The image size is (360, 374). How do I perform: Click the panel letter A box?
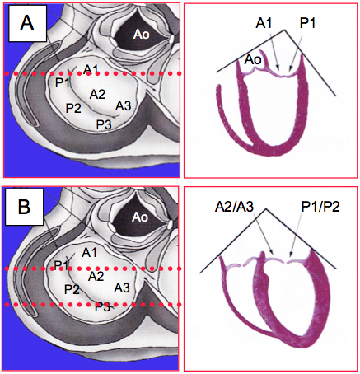(x=27, y=23)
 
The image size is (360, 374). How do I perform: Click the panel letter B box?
(x=25, y=207)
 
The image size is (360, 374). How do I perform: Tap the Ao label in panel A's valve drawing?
(x=142, y=35)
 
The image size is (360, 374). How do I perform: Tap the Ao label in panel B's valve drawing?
(x=140, y=217)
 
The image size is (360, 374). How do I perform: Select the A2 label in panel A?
(x=97, y=95)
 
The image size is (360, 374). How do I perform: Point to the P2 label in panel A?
(x=73, y=108)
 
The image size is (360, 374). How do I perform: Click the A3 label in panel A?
(x=123, y=105)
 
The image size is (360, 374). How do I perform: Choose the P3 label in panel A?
(x=104, y=125)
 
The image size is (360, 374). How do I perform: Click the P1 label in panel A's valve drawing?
(x=62, y=82)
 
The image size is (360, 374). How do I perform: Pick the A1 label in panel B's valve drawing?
(x=90, y=252)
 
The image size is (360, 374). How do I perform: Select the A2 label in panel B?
(x=96, y=276)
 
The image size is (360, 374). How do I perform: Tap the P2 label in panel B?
(x=72, y=289)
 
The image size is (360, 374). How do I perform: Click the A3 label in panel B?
(x=122, y=288)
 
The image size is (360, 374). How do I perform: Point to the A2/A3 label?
(x=234, y=208)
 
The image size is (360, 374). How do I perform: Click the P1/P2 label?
(x=320, y=208)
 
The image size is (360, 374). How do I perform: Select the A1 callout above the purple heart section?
(x=264, y=23)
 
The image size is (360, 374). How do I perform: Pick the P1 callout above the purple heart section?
(x=307, y=23)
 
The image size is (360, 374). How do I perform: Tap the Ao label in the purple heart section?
(x=253, y=59)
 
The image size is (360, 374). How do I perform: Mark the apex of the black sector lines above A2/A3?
(x=266, y=209)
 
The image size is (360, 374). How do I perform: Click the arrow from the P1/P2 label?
(x=296, y=234)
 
